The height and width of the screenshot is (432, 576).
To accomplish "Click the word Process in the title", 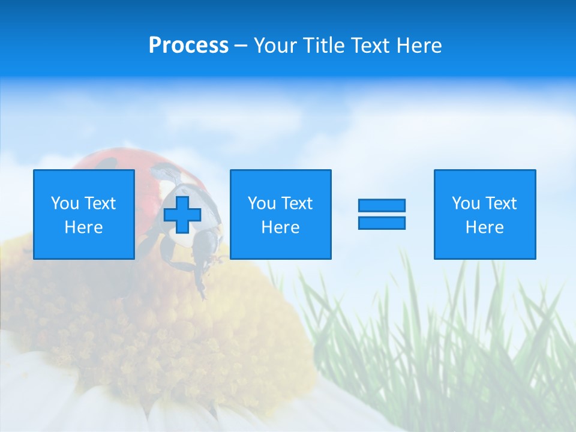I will [188, 46].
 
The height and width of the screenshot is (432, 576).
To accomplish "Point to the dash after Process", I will [241, 46].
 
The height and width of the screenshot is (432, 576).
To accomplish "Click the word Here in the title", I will [419, 46].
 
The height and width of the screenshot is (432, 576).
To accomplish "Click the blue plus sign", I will [182, 214].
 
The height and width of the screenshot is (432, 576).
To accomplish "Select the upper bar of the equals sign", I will [382, 205].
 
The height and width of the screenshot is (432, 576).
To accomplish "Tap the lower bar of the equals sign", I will [382, 223].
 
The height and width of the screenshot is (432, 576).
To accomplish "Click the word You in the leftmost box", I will [65, 203].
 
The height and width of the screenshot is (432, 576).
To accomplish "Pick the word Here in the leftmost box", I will [83, 227].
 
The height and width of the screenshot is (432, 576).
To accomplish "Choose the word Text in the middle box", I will [296, 203].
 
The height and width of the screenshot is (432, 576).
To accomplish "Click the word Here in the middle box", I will [280, 227].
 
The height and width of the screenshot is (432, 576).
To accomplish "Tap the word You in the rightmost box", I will [466, 203].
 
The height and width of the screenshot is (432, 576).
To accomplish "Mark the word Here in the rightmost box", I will [484, 227].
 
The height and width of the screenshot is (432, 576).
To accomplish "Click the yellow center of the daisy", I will [150, 336].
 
